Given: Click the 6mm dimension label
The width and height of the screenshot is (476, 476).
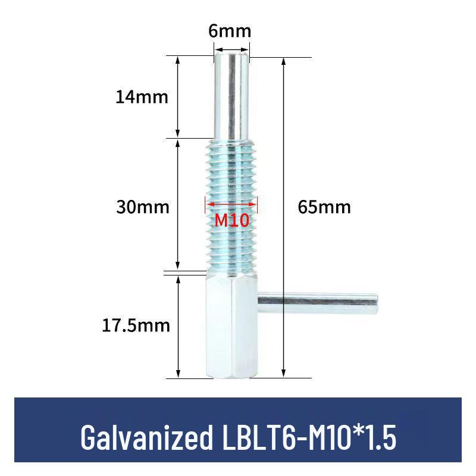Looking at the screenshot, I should coord(230,30).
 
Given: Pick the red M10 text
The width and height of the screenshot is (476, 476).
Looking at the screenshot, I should coord(231,221).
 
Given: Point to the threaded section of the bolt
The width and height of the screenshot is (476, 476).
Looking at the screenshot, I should coord(232,178).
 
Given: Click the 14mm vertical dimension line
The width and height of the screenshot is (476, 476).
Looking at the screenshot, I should coord(178,97).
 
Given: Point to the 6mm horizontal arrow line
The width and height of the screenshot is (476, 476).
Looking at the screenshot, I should coord(231,50).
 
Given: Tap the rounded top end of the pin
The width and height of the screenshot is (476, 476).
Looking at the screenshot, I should coord(231,55).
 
